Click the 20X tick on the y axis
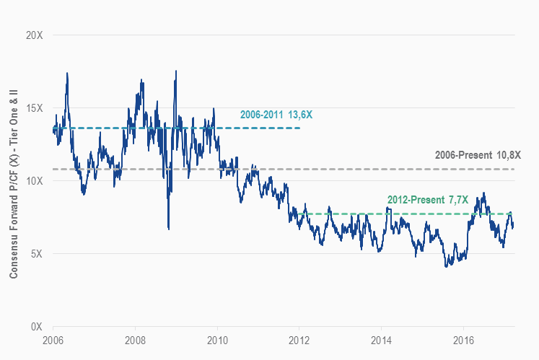(x=34, y=35)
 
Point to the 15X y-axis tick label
(x=34, y=108)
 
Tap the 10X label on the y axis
(x=34, y=181)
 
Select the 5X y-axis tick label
(x=36, y=254)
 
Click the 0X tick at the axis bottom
(x=36, y=327)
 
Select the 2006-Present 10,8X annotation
(x=478, y=155)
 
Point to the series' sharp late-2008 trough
(x=168, y=229)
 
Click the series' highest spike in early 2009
(x=175, y=71)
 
